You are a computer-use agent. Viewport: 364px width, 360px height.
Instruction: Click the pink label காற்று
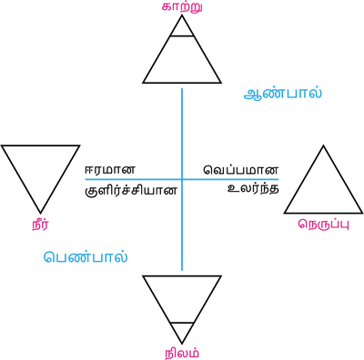(182, 7)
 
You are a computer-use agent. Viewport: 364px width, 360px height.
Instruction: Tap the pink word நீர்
(40, 224)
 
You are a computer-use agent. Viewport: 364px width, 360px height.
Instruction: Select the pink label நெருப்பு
(323, 224)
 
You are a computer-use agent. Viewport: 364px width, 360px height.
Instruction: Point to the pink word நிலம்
(182, 353)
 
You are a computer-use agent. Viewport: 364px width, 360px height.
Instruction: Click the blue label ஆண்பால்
(283, 93)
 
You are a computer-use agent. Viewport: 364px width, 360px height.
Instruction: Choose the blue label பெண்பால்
(86, 256)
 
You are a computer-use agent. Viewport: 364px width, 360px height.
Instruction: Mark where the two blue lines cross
(181, 179)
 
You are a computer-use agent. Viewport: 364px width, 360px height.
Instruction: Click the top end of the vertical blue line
(181, 88)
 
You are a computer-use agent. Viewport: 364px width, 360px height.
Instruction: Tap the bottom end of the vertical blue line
(181, 270)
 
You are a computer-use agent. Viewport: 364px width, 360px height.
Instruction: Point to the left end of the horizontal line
(86, 179)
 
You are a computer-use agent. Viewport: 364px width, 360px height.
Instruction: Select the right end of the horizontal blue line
(278, 179)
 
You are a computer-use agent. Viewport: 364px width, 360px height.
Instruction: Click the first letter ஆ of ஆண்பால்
(252, 94)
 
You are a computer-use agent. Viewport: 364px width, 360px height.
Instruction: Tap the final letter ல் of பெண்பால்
(122, 256)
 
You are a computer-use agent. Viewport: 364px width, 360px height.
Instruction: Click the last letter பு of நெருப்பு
(343, 224)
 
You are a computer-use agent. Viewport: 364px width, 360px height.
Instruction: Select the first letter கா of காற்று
(168, 7)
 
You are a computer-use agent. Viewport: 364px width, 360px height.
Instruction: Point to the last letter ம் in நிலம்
(194, 353)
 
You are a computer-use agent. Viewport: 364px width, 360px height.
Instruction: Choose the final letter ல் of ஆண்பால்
(316, 93)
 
